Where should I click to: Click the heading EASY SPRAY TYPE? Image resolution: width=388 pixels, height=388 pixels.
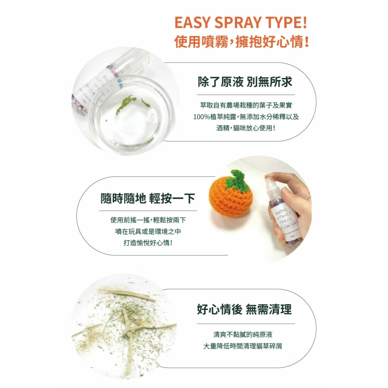click(241, 23)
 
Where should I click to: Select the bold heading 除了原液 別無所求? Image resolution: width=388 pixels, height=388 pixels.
click(245, 82)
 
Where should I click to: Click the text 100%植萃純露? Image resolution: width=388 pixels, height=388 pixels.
click(216, 116)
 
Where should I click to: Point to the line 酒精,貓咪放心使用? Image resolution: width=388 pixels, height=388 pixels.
click(246, 128)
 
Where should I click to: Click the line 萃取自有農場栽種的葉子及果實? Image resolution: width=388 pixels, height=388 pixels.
click(246, 105)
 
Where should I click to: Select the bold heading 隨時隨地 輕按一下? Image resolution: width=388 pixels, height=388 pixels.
click(148, 199)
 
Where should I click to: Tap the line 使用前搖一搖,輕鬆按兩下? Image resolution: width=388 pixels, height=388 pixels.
click(148, 220)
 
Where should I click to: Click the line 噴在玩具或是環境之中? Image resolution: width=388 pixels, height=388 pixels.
click(148, 232)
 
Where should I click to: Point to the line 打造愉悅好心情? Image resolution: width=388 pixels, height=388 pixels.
click(148, 243)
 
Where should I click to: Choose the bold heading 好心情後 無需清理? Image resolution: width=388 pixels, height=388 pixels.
click(244, 309)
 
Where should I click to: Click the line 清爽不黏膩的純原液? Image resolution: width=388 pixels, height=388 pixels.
click(246, 334)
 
